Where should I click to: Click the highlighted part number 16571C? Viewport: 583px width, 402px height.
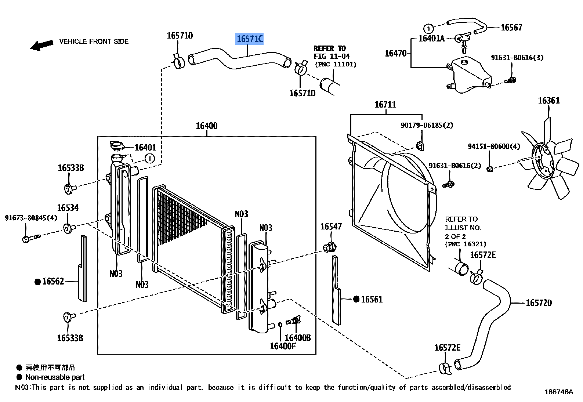pos(249,39)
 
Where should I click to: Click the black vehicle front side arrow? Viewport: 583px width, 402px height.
pos(41,45)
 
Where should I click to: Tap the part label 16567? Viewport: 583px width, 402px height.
pos(511,28)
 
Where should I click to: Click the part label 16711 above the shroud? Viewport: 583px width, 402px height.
pos(385,105)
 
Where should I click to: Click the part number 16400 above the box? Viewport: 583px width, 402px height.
pos(206,126)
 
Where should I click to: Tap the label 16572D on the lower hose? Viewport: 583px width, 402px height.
pos(539,303)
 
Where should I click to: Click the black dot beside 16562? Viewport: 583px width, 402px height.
pos(37,282)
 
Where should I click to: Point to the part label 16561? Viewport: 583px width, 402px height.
pos(372,300)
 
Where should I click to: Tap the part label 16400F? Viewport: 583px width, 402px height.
pos(282,346)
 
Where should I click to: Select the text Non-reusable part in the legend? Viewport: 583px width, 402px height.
pos(55,377)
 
